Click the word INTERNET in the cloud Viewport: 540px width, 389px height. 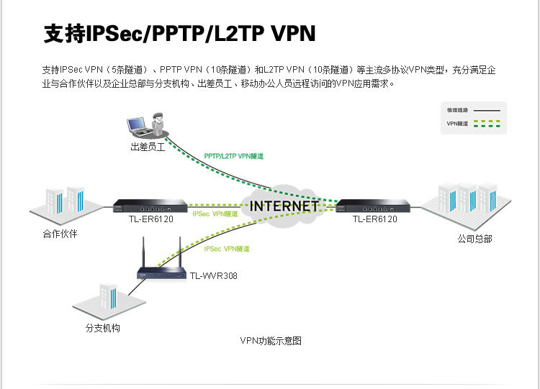click(284, 206)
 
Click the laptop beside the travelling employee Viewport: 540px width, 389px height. click(138, 125)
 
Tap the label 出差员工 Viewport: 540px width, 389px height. click(148, 147)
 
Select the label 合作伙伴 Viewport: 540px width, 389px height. click(60, 234)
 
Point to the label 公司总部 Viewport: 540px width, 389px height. click(474, 239)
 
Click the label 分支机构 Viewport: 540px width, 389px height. click(102, 328)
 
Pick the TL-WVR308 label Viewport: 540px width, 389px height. click(213, 275)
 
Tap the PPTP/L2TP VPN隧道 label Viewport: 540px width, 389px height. click(234, 155)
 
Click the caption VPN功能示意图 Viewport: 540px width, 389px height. click(271, 341)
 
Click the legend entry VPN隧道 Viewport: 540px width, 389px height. click(457, 124)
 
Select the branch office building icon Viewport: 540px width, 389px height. click(104, 298)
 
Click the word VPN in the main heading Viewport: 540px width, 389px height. click(293, 34)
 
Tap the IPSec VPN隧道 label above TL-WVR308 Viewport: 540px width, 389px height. click(227, 249)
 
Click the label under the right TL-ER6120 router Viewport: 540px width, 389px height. click(374, 219)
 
